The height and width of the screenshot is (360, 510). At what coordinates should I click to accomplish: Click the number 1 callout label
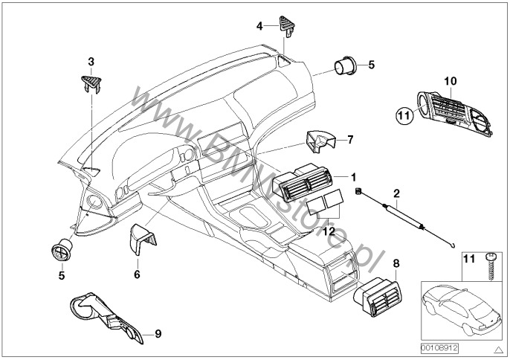[x=354, y=177]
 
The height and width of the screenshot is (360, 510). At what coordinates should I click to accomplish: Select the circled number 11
[x=401, y=115]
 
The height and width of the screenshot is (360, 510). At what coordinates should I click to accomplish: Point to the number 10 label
[x=448, y=80]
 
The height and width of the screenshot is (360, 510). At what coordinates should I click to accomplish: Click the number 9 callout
[x=158, y=335]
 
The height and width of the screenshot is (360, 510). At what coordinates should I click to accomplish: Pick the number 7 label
[x=350, y=139]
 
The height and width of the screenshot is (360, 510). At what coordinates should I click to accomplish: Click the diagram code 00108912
[x=439, y=347]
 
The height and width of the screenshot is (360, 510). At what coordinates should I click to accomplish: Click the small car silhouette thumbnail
[x=456, y=312]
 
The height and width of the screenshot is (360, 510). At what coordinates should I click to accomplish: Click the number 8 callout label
[x=396, y=264]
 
